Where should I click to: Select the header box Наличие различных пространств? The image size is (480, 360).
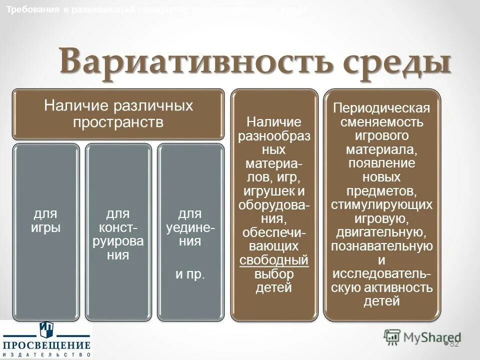point(118,114)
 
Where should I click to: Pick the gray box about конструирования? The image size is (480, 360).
point(118,232)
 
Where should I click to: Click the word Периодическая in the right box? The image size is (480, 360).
point(382,108)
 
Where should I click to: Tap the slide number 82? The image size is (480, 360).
point(454,344)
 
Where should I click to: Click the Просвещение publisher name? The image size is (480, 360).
point(46,345)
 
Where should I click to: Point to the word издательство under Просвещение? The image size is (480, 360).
point(46,354)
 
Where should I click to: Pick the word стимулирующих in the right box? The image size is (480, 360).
point(382,205)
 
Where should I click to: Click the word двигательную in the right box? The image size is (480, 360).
point(382,232)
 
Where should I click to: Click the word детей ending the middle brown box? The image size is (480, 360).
point(273,288)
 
